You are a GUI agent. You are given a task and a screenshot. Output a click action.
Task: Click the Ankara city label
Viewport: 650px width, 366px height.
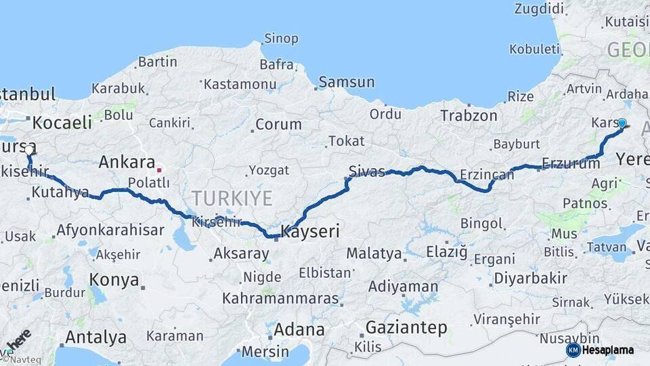coord(127,162)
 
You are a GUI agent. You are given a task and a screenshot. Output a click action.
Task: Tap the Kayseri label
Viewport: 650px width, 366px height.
coord(309,231)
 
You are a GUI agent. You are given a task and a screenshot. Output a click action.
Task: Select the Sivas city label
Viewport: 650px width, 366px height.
coord(366,170)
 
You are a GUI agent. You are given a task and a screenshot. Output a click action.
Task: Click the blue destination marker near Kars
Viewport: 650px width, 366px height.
coord(622,123)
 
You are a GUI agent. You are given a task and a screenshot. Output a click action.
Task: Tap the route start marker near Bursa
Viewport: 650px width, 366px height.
coord(29,153)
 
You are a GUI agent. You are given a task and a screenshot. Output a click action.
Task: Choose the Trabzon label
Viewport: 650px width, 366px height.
coord(469,115)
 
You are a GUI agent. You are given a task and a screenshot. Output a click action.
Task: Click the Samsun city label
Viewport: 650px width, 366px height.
coord(346,82)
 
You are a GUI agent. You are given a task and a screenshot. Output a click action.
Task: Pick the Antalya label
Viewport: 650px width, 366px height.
coord(95,337)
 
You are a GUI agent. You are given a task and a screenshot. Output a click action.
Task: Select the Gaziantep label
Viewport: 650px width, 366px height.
coord(406,328)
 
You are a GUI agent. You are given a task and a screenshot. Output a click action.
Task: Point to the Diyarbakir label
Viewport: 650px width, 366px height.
coord(530,278)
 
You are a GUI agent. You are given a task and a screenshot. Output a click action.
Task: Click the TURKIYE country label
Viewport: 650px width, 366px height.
coord(232,199)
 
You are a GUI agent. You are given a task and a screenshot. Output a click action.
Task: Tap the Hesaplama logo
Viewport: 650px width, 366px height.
coord(601,350)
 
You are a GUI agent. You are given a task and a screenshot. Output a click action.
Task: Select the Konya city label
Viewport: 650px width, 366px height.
coord(114,279)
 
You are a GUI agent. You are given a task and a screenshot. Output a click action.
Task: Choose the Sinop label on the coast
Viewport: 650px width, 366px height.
coord(280,39)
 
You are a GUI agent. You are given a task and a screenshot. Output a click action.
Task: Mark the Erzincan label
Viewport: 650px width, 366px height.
coord(487,175)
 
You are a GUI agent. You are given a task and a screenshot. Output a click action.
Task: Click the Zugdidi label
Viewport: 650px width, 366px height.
coord(539,9)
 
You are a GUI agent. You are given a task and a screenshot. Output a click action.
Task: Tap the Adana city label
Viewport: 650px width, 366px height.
coord(298,330)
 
